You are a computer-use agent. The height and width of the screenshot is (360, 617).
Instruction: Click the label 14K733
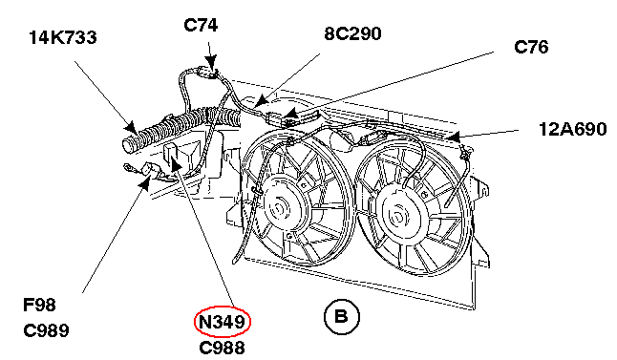63,38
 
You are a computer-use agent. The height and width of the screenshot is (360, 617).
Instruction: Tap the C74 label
201,26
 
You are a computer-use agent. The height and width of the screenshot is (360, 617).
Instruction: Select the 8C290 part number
352,33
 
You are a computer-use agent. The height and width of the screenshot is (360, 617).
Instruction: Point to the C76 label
531,47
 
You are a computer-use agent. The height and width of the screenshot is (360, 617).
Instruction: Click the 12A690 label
572,130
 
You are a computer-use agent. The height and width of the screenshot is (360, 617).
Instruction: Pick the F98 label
39,305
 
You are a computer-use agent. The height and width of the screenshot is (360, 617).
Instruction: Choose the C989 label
46,330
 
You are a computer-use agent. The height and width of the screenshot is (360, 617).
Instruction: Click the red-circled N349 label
223,322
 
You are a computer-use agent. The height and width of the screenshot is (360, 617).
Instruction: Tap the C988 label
222,348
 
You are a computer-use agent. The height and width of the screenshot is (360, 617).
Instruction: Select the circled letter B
342,317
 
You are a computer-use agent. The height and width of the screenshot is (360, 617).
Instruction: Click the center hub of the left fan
279,206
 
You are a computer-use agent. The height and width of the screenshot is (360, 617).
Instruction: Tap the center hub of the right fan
396,216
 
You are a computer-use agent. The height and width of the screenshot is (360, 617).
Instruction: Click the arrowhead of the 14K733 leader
130,127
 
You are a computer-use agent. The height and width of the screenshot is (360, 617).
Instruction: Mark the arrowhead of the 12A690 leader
453,137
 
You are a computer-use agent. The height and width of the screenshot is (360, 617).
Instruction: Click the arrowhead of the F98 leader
145,183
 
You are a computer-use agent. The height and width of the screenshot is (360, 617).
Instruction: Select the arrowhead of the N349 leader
176,163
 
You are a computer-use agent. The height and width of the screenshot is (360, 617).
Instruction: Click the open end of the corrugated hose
128,145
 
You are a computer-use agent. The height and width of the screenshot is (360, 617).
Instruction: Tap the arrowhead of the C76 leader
290,114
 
